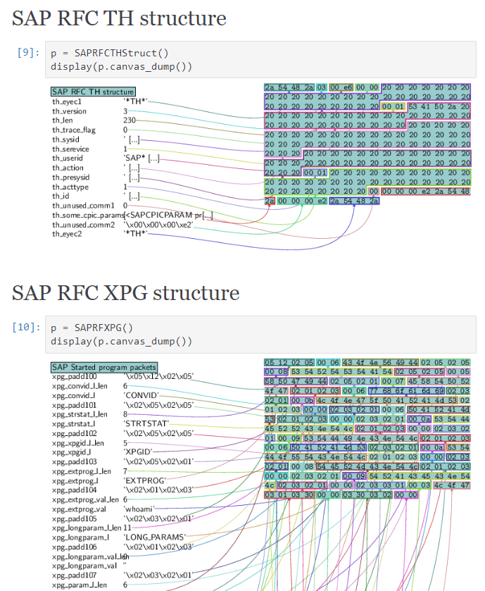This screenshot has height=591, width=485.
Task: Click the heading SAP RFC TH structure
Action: pyautogui.click(x=119, y=18)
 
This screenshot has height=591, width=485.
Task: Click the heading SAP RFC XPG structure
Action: pyautogui.click(x=126, y=293)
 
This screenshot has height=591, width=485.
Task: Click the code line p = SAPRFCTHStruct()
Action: pyautogui.click(x=109, y=53)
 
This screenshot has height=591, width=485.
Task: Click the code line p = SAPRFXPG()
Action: pyautogui.click(x=92, y=328)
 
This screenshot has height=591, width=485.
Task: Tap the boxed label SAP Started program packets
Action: pyautogui.click(x=104, y=367)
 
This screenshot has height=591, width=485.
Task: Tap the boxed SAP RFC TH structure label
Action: pyautogui.click(x=93, y=92)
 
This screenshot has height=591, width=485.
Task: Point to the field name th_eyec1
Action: pyautogui.click(x=67, y=101)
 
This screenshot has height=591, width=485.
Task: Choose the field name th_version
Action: pyautogui.click(x=69, y=111)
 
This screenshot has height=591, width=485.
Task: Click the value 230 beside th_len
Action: pyautogui.click(x=130, y=120)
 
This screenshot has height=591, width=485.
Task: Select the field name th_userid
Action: pyautogui.click(x=68, y=158)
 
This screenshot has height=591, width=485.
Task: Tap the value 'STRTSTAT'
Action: pyautogui.click(x=143, y=423)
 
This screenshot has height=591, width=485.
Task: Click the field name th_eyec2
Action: pyautogui.click(x=67, y=233)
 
